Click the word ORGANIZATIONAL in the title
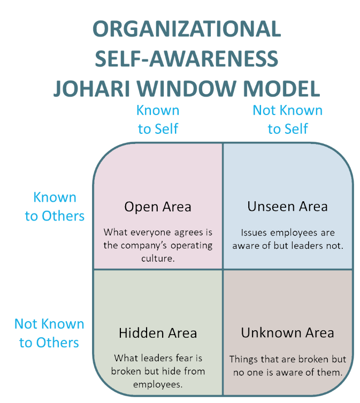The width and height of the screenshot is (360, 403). point(186,29)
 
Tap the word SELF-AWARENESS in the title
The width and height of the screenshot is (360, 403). point(186,58)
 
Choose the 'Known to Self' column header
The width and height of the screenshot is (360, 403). point(158,119)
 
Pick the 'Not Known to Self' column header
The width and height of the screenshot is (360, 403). point(288,119)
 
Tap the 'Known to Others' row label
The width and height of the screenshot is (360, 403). point(55,207)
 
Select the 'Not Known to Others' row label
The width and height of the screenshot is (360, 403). point(49,333)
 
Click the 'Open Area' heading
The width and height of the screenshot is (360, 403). point(158,207)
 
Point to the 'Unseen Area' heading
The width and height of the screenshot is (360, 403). point(287,207)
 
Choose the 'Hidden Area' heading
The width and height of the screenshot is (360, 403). point(158,333)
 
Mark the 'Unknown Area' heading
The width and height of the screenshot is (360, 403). point(287,333)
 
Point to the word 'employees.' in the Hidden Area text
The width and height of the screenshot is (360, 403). point(158,383)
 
